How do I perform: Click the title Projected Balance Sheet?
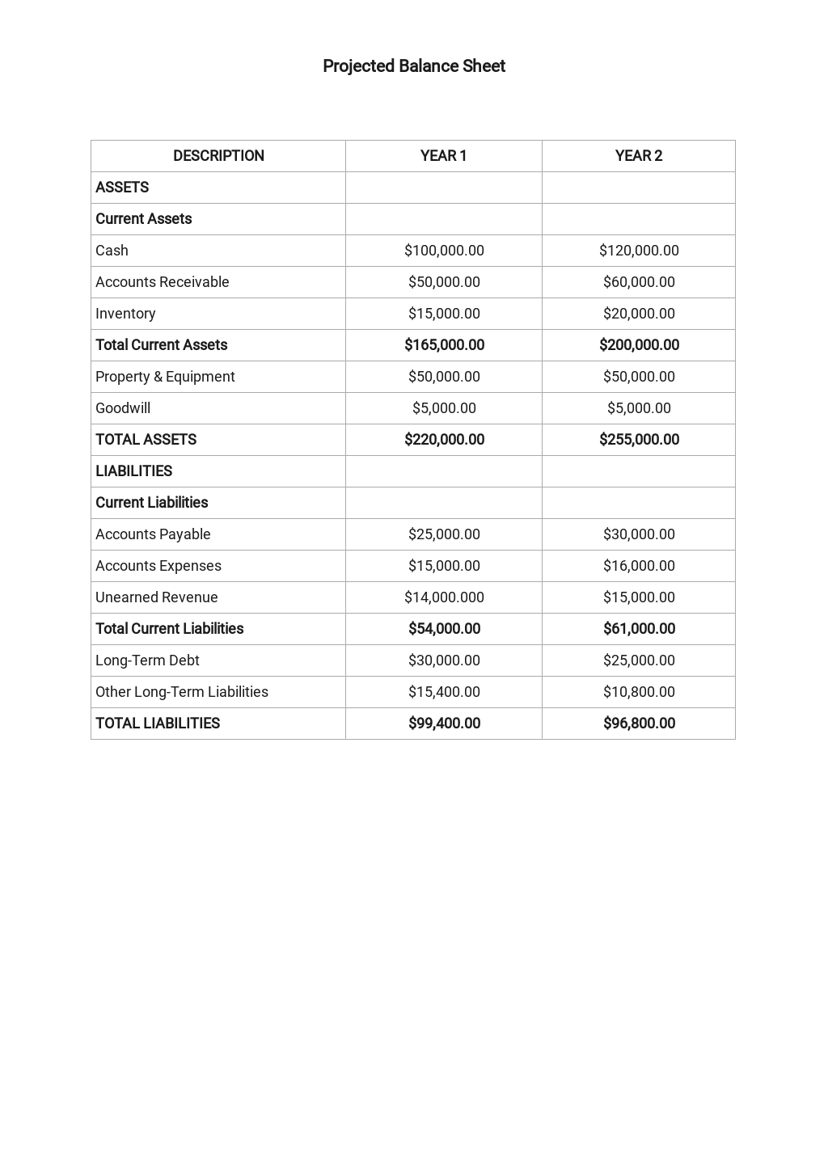(413, 66)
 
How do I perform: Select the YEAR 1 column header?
(443, 156)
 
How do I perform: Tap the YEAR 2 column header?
(638, 156)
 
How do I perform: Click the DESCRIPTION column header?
(218, 156)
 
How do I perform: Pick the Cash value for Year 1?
(444, 251)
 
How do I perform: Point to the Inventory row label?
(125, 314)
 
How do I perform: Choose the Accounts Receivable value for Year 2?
(639, 282)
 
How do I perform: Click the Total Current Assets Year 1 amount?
(444, 345)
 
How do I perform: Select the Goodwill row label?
(123, 408)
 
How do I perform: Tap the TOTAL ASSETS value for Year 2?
(639, 440)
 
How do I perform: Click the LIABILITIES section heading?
(133, 471)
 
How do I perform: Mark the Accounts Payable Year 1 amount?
(444, 534)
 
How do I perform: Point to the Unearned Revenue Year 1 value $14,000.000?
(444, 597)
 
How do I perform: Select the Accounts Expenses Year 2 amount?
(639, 566)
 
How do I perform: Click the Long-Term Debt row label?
(147, 660)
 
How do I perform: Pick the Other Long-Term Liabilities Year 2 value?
(639, 692)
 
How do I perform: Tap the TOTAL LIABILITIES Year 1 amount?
(444, 724)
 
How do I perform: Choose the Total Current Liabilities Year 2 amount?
(639, 629)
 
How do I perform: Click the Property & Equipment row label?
(165, 377)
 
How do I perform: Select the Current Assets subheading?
(143, 219)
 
